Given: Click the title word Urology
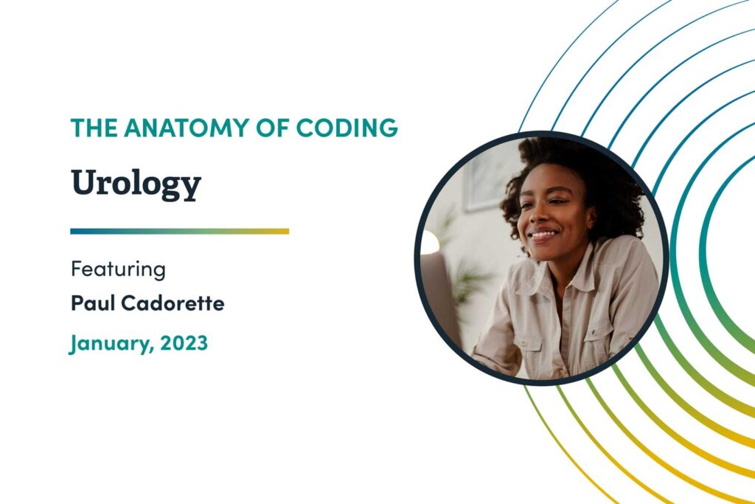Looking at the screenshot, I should pos(136,184).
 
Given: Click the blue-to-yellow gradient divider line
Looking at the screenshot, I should pos(179,231).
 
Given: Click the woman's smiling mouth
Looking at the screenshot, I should pos(543,237).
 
